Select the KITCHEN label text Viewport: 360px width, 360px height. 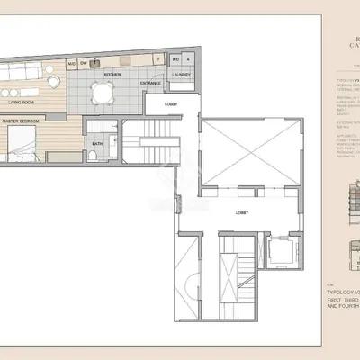point(112,75)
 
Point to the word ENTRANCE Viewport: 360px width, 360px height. point(151,84)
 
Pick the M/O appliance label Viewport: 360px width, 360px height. point(71,63)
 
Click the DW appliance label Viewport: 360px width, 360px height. point(84,63)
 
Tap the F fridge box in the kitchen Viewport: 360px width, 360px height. point(159,59)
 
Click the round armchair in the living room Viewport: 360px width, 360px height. point(54,84)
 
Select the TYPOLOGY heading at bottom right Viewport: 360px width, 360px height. point(342,293)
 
